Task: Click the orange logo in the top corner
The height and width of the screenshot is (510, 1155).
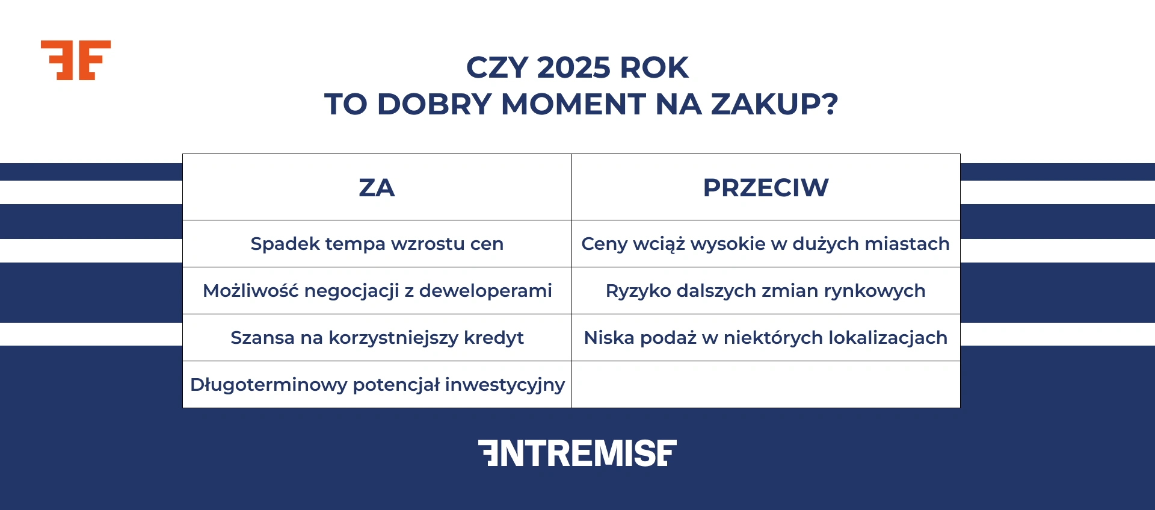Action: pyautogui.click(x=76, y=60)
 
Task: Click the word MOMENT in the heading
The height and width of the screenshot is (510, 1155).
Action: pyautogui.click(x=573, y=104)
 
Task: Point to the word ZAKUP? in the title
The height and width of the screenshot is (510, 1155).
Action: pyautogui.click(x=774, y=104)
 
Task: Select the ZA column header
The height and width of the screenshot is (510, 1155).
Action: pyautogui.click(x=377, y=188)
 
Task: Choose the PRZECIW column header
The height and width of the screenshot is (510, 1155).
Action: pyautogui.click(x=765, y=188)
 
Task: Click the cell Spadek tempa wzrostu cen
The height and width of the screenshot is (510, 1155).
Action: pyautogui.click(x=377, y=244)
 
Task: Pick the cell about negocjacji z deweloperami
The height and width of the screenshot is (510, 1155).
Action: pyautogui.click(x=377, y=291)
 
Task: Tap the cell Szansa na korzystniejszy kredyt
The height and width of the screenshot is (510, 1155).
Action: pyautogui.click(x=377, y=338)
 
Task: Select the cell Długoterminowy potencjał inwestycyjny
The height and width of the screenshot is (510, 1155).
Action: pyautogui.click(x=377, y=385)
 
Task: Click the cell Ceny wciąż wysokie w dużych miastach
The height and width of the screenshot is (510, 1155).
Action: pyautogui.click(x=765, y=244)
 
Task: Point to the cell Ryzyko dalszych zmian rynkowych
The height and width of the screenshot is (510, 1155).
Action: pyautogui.click(x=765, y=291)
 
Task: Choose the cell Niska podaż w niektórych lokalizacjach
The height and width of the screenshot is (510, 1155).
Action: pyautogui.click(x=765, y=338)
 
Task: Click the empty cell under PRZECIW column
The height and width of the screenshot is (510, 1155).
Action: pyautogui.click(x=765, y=385)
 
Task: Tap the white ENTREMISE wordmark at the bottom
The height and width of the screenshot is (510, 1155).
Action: pyautogui.click(x=577, y=453)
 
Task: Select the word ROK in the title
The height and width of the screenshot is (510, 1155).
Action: pyautogui.click(x=654, y=67)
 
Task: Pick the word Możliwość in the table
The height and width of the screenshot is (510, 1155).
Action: pyautogui.click(x=250, y=291)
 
